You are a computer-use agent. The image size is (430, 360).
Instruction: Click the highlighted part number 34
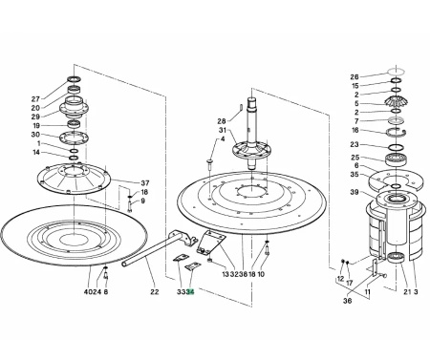190,291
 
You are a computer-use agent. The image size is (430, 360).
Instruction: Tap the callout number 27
35,99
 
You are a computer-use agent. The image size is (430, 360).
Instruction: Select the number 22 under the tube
155,291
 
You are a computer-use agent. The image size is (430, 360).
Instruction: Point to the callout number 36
348,301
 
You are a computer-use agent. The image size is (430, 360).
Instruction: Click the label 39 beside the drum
355,192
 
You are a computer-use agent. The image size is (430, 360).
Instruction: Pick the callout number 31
223,130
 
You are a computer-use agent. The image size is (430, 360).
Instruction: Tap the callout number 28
222,121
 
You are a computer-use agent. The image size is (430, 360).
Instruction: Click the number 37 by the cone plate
145,183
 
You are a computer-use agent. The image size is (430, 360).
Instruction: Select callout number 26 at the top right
355,76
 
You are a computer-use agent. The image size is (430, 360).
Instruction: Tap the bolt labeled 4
210,164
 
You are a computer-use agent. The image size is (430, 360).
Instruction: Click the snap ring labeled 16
396,132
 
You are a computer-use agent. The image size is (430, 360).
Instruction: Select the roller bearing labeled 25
396,159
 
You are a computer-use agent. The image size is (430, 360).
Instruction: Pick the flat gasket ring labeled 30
74,137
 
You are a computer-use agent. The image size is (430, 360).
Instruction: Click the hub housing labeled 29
74,107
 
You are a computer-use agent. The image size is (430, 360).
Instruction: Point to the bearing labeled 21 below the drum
396,257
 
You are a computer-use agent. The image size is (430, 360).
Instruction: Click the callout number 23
355,144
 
